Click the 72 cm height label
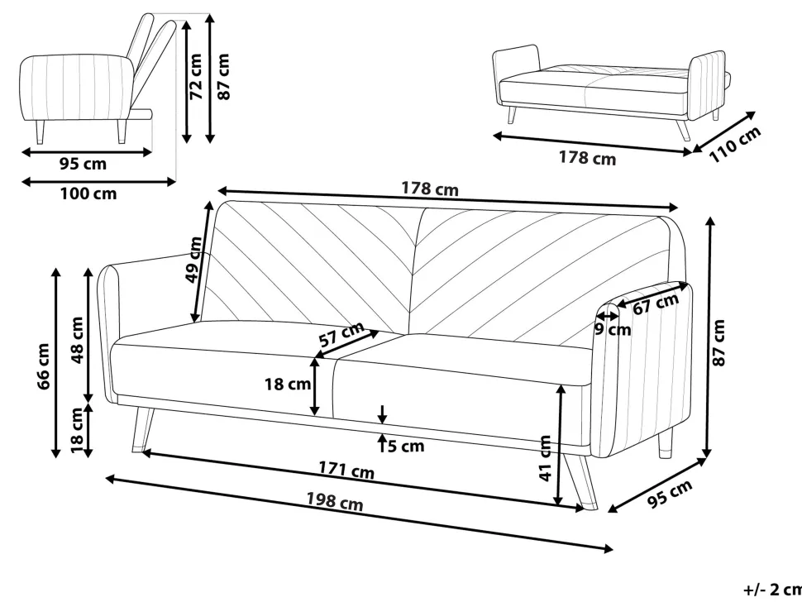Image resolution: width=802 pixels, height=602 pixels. [197, 76]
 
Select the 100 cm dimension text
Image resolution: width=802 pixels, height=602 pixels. [88, 193]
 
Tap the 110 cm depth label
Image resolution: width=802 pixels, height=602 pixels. [735, 144]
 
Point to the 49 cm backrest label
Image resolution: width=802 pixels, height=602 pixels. [193, 260]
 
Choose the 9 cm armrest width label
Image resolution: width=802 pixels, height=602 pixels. [613, 329]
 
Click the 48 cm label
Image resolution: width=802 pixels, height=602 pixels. [77, 340]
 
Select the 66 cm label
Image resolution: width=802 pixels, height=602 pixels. [44, 366]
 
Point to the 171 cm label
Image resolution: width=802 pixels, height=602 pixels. [346, 470]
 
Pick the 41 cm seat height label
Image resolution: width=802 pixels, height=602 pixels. [546, 458]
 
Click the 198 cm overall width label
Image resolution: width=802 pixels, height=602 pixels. [335, 501]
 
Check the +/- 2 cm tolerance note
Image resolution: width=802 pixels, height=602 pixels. [772, 590]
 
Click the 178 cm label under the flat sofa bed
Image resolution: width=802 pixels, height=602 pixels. [587, 158]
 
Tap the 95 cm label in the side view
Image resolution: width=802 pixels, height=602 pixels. [84, 165]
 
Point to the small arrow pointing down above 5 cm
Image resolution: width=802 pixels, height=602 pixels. [382, 413]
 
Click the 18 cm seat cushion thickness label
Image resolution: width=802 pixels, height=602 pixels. [288, 385]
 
